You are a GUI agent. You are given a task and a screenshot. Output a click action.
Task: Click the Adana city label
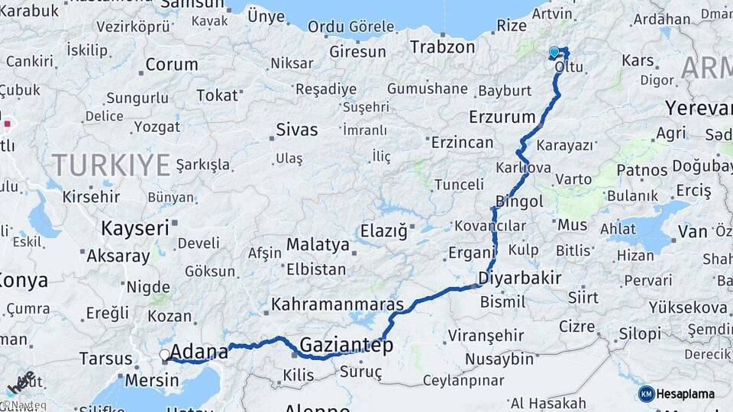[200, 352]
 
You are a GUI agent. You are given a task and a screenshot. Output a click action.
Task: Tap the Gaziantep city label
[346, 346]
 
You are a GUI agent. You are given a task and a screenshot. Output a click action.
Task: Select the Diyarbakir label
[520, 278]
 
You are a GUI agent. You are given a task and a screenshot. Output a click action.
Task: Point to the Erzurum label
[502, 117]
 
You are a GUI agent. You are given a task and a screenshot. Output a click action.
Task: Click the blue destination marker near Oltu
[554, 52]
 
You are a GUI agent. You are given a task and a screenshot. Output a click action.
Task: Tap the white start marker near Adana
[164, 355]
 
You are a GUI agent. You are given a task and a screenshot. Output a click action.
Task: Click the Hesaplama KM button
[676, 394]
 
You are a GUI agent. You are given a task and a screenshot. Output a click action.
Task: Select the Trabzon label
[442, 47]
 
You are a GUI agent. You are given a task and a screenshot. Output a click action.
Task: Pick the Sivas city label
[296, 129]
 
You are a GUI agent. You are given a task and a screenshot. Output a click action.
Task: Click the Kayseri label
[135, 227]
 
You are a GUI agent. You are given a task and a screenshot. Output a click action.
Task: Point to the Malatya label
[318, 245]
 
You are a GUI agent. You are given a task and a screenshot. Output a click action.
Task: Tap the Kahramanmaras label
[337, 304]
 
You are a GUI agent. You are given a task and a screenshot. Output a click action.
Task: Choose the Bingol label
[519, 201]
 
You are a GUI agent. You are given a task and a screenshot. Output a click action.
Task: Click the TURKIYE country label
[111, 164]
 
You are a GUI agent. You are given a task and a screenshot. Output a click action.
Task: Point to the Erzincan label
[463, 142]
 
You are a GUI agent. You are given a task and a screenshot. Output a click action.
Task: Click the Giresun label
[358, 52]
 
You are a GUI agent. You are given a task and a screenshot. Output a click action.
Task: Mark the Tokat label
[217, 95]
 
